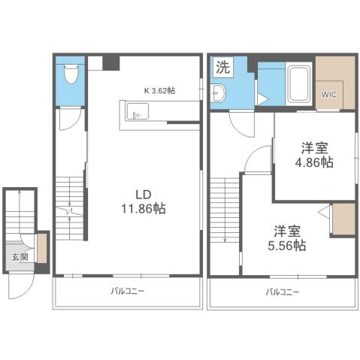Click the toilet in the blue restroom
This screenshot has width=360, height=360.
71,74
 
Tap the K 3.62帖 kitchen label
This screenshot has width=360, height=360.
159,90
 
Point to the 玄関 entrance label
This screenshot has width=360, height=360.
18,256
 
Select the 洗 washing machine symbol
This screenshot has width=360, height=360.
223,66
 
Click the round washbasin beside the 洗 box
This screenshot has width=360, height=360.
218,93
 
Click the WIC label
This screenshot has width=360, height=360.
330,95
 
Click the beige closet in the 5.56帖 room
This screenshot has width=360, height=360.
343,219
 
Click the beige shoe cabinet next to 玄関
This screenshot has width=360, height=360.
42,250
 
